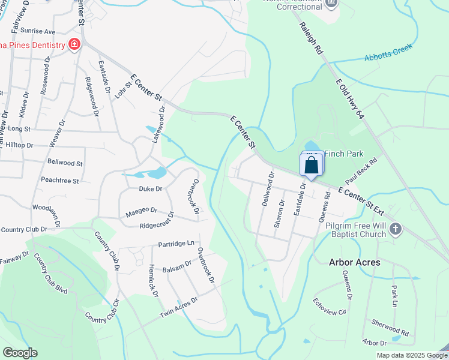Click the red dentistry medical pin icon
(74, 45)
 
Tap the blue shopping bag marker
(311, 166)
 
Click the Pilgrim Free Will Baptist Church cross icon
(395, 228)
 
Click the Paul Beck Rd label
(361, 171)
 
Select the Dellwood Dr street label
(268, 189)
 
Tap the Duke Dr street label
(151, 188)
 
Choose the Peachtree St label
(60, 180)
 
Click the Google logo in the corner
(20, 353)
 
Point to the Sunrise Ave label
(37, 31)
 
